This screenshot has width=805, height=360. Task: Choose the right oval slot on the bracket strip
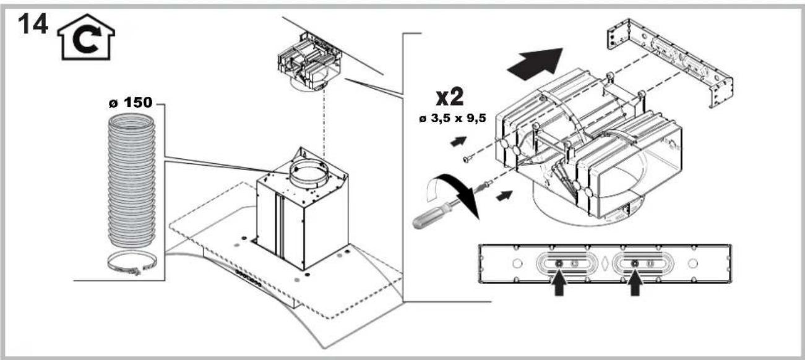(634, 264)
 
